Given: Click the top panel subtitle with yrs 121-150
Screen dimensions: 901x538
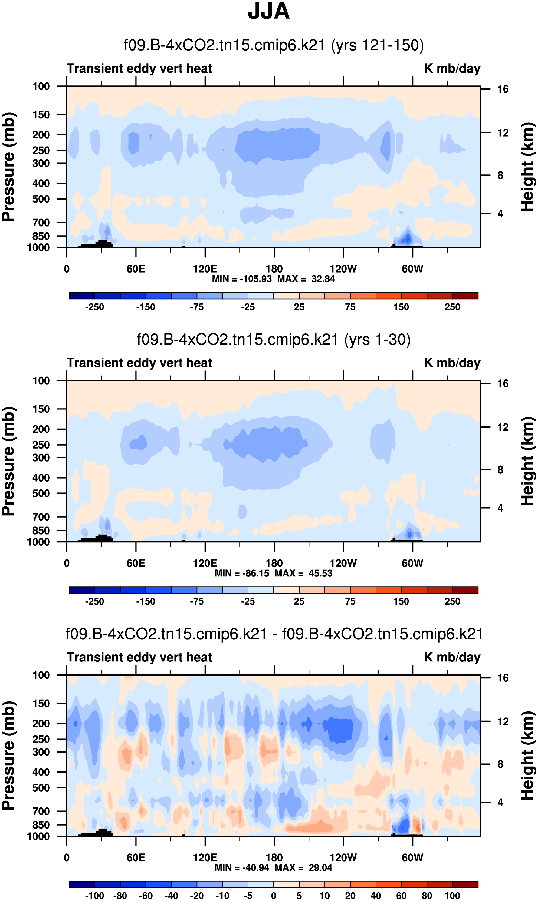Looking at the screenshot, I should (274, 45).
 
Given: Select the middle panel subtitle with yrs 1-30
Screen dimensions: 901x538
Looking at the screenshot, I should (274, 340).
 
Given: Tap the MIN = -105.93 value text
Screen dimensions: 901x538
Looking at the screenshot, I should (242, 279).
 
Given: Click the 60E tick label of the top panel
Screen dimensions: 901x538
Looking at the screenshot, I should (136, 269).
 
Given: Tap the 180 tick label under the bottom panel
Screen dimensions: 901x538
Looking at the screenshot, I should (274, 857).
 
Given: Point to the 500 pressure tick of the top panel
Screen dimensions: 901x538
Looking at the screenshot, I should (41, 199).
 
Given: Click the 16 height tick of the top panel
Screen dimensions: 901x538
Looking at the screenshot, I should (503, 89).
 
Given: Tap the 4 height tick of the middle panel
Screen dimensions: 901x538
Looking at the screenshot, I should (500, 508).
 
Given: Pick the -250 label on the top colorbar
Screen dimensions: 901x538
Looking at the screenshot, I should (95, 307).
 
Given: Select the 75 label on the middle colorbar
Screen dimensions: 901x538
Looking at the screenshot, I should (350, 602).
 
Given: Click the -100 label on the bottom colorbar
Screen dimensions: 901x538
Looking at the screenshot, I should (95, 896).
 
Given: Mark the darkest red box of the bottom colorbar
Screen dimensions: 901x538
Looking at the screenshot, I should (465, 884).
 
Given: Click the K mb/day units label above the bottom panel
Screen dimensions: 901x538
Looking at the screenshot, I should (452, 657).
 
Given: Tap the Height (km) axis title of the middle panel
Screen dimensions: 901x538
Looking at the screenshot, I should (527, 461).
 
